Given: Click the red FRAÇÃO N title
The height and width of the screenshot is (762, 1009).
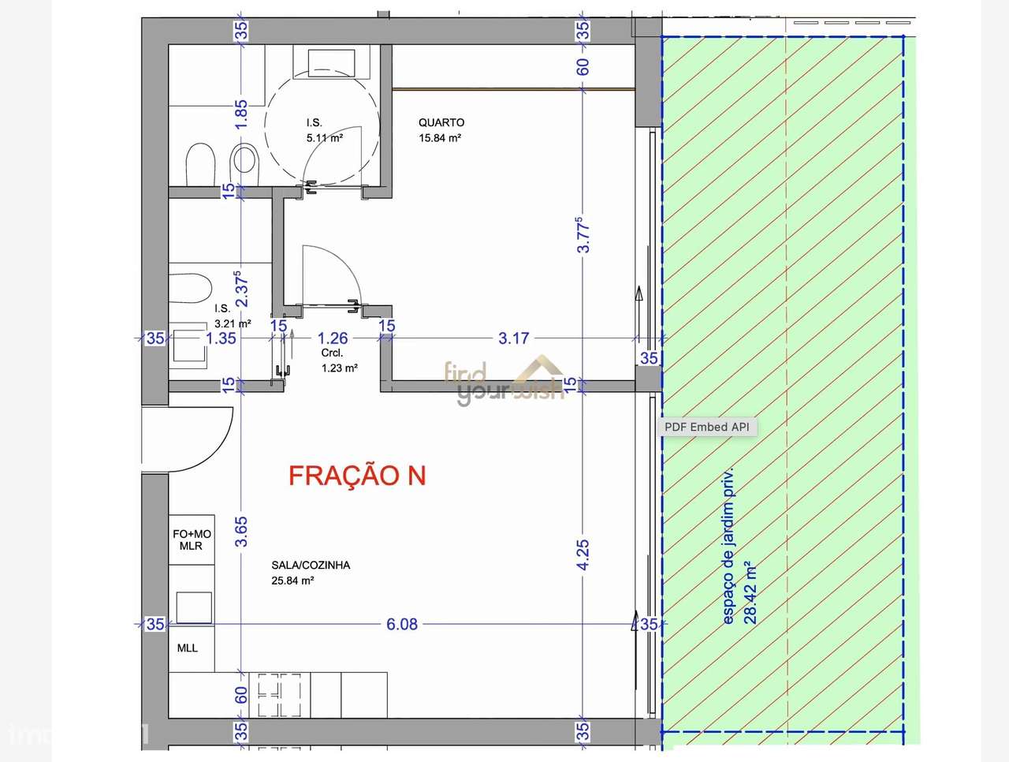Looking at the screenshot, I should pyautogui.click(x=357, y=476).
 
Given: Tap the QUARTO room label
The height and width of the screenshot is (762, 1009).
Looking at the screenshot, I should pyautogui.click(x=441, y=122).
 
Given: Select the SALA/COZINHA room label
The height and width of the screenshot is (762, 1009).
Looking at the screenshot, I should pyautogui.click(x=311, y=565).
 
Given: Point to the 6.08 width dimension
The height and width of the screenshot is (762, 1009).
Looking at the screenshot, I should pyautogui.click(x=402, y=624).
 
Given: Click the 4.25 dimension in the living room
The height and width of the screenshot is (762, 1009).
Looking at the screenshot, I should pyautogui.click(x=583, y=555).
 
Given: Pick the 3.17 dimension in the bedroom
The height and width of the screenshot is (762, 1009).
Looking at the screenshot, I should pyautogui.click(x=514, y=338).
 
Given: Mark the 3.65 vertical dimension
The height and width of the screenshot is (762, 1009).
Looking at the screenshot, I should pyautogui.click(x=241, y=531).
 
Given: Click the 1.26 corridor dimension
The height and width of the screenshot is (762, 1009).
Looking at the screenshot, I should pyautogui.click(x=333, y=338).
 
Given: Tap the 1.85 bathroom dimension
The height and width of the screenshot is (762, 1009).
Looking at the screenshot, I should pyautogui.click(x=241, y=114).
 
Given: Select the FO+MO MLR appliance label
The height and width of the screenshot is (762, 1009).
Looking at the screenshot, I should pyautogui.click(x=192, y=540).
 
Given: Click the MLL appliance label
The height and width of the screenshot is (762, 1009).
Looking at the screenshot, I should pyautogui.click(x=188, y=648).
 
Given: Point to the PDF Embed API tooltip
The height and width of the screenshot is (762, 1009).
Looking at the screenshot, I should pyautogui.click(x=707, y=427).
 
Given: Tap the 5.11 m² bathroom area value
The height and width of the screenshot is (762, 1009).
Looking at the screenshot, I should pyautogui.click(x=325, y=138).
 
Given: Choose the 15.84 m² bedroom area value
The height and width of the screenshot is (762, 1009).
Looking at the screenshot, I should pyautogui.click(x=440, y=138).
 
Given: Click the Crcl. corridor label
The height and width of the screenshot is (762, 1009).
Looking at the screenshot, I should pyautogui.click(x=332, y=353).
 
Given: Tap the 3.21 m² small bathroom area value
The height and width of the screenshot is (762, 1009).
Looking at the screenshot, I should pyautogui.click(x=233, y=323).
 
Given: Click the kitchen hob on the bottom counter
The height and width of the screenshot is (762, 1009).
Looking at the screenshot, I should pyautogui.click(x=276, y=695).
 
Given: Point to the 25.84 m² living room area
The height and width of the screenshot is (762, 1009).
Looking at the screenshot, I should pyautogui.click(x=292, y=581).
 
